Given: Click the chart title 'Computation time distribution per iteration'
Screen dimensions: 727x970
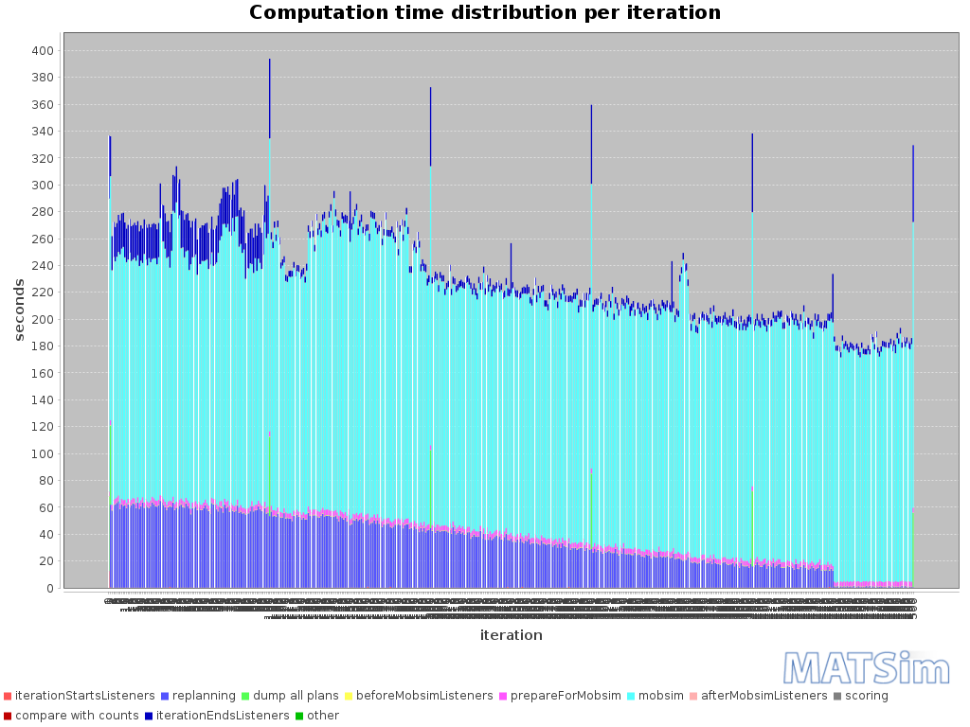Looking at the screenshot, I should (484, 13).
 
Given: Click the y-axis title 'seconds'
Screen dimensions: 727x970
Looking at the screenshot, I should (19, 310).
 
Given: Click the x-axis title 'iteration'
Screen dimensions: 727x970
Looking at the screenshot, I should (511, 635).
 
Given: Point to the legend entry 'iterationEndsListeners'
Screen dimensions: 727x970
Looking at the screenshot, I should (223, 716).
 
